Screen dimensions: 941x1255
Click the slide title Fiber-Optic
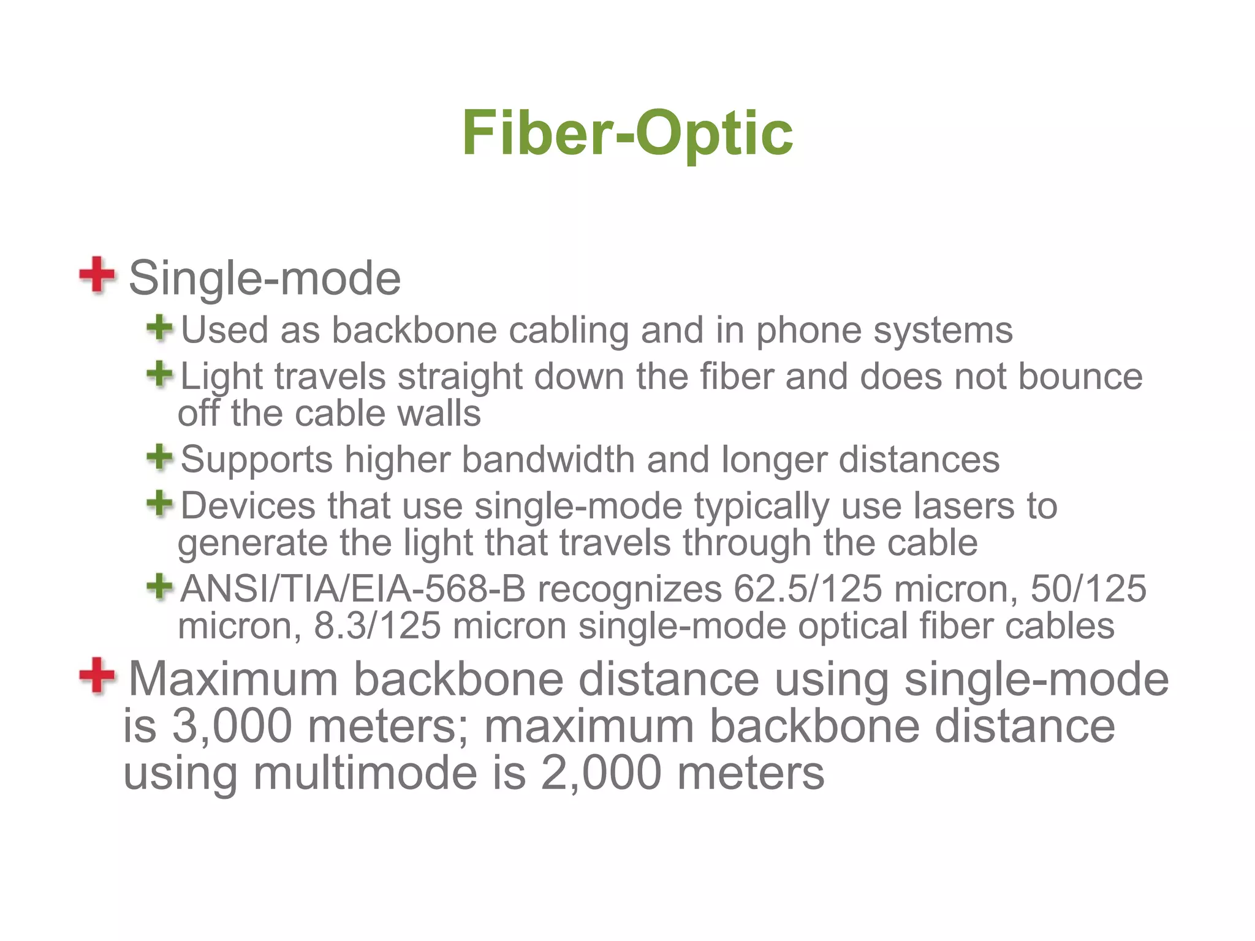tap(627, 132)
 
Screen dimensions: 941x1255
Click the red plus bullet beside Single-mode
tap(97, 275)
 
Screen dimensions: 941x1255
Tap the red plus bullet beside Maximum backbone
tap(97, 676)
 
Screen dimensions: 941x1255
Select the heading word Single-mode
tap(265, 278)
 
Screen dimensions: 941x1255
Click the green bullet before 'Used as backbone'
tap(160, 328)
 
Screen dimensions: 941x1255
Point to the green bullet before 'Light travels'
tap(160, 374)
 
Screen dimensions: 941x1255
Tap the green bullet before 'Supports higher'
tap(160, 457)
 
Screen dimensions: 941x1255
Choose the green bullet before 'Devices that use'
tap(160, 504)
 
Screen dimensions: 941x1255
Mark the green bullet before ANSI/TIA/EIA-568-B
tap(160, 586)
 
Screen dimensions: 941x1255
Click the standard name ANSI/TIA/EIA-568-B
tap(353, 589)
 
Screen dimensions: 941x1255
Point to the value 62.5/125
tap(808, 589)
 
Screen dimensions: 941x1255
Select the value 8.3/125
tap(377, 626)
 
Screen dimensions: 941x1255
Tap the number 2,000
tap(601, 773)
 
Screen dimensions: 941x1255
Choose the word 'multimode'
tap(365, 773)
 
